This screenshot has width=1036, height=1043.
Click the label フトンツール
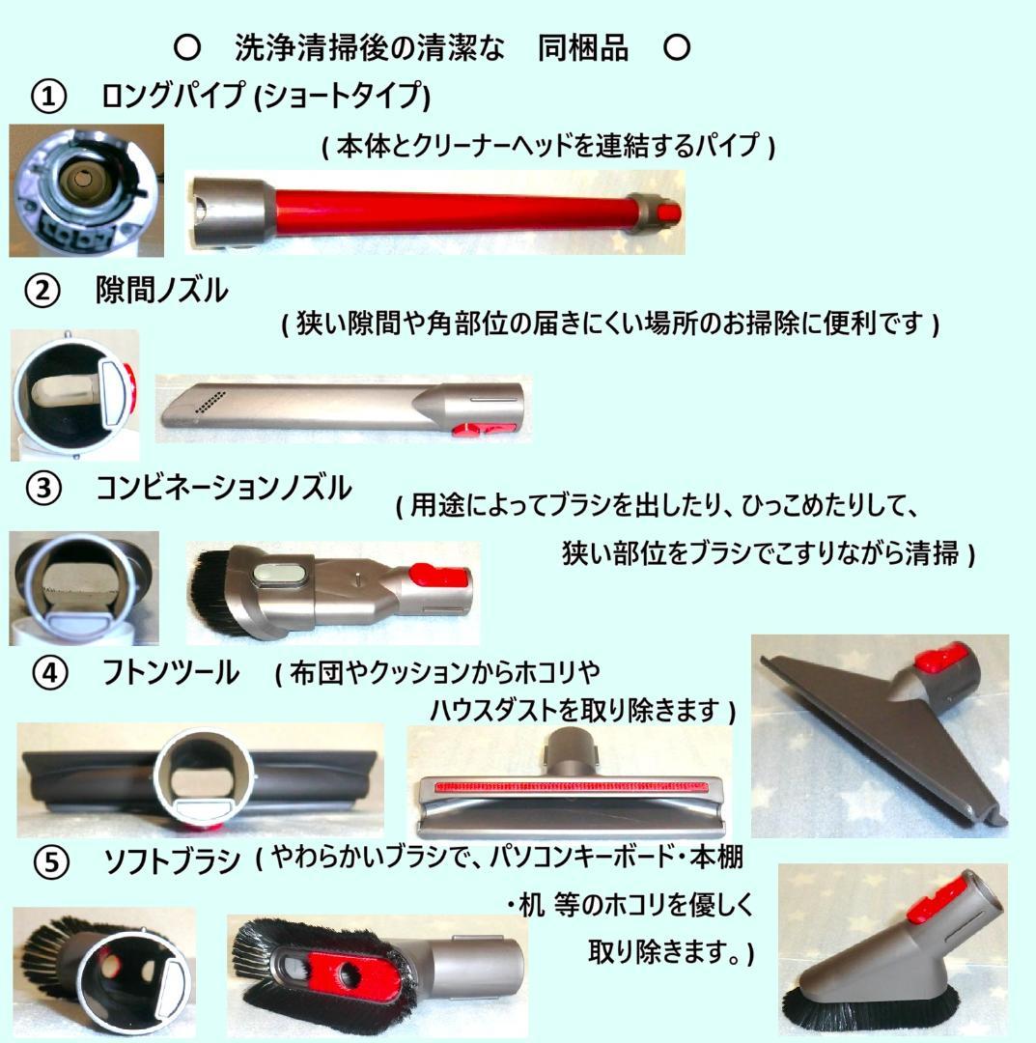point(171,673)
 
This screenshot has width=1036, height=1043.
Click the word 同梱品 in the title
point(583,48)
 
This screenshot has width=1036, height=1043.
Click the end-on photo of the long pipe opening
point(86,191)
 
